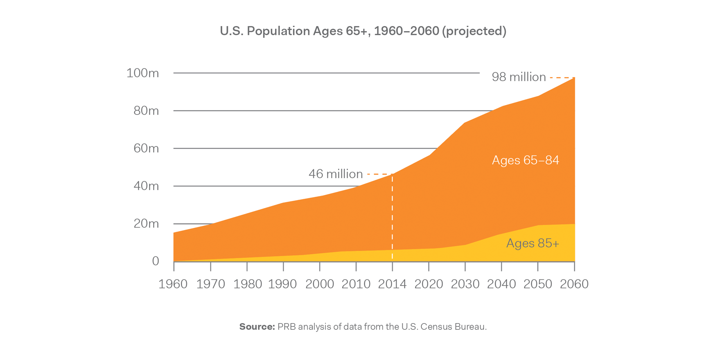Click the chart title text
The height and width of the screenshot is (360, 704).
pos(363,31)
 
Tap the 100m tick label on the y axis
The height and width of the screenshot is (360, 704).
pos(142,73)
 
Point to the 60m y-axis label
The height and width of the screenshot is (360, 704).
pos(146,148)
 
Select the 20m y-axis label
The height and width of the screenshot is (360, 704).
pos(146,224)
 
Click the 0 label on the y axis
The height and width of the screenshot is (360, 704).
pos(156,261)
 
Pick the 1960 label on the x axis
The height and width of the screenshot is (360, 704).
pos(173,284)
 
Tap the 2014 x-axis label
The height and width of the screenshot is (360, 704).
pos(392,284)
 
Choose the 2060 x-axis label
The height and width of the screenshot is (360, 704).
pos(574,284)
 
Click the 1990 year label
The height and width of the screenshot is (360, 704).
pos(282,284)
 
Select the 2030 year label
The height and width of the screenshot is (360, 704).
pos(465,284)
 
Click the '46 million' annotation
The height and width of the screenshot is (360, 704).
pos(336,174)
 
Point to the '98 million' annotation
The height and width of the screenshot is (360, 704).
pos(519,77)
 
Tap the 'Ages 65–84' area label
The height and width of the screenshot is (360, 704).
pos(525,160)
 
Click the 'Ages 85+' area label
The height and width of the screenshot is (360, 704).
pos(533,243)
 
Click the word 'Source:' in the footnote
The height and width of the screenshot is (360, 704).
pos(257,327)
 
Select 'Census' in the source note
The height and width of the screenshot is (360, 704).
pos(437,327)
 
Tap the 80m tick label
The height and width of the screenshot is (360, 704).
pos(146,111)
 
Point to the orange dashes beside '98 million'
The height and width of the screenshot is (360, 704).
pos(562,77)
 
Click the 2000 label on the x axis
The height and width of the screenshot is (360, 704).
pos(320,284)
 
